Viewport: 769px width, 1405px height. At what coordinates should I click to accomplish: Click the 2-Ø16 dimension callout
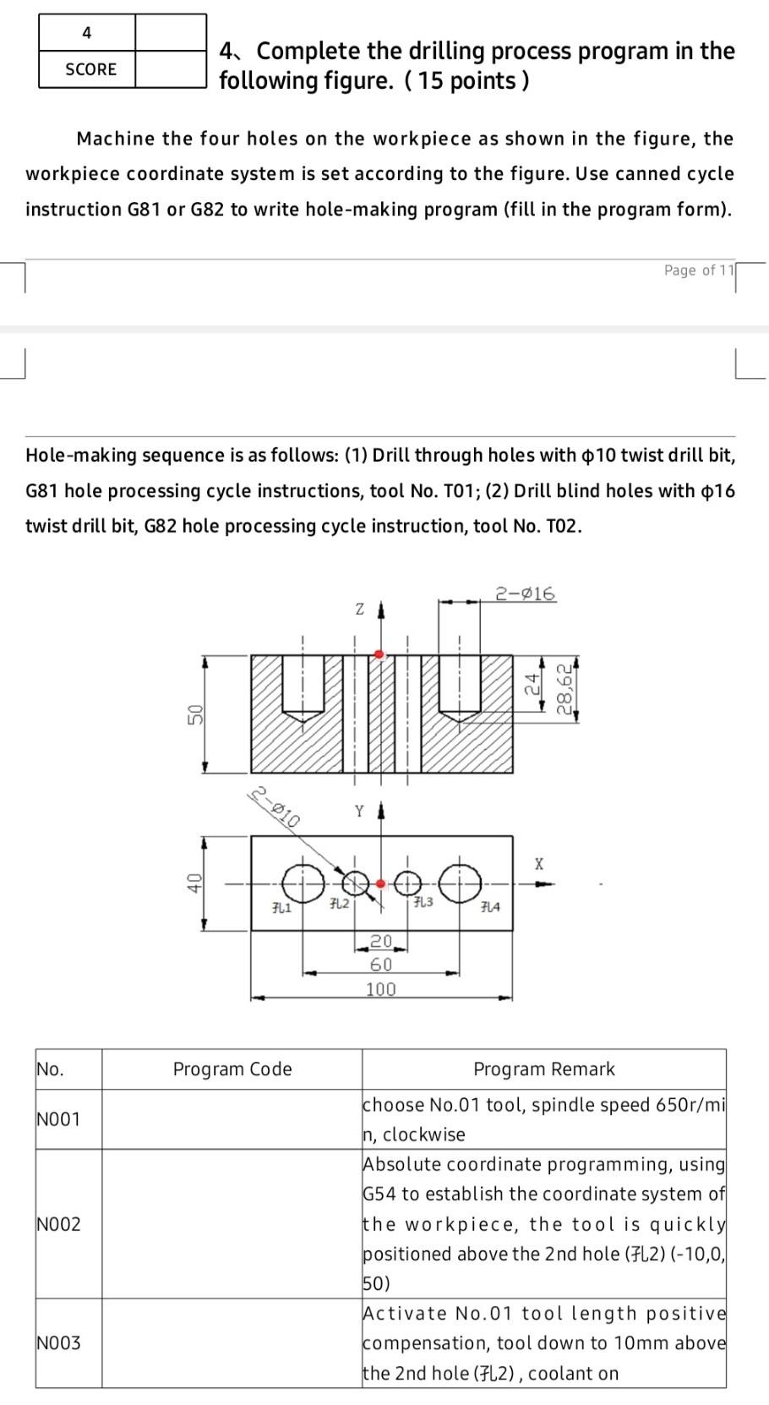tap(525, 593)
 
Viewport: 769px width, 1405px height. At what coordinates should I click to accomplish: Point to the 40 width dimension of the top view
tap(194, 883)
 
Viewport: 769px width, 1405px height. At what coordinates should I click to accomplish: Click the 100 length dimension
tap(380, 989)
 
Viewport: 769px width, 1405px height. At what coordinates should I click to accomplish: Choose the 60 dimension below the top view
tap(381, 965)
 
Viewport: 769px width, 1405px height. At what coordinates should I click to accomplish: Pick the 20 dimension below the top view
tap(381, 941)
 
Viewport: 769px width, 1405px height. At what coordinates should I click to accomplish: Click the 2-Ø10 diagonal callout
tap(275, 806)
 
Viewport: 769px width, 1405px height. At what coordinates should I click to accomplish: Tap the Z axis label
tap(359, 609)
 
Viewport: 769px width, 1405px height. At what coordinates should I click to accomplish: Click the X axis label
tap(539, 864)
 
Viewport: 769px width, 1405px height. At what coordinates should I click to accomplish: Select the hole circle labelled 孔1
tap(303, 883)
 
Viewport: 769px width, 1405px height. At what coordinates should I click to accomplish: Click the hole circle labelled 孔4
tap(460, 883)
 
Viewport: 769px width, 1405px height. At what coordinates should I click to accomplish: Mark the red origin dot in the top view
tap(381, 883)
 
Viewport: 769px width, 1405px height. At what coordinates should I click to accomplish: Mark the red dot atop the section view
tap(379, 654)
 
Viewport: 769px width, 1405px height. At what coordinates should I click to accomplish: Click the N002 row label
tap(59, 1224)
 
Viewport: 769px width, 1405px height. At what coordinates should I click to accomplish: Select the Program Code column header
tap(232, 1069)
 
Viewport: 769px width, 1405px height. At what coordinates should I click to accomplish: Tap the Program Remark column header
tap(544, 1069)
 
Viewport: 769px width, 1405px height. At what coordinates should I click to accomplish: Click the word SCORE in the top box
tap(91, 69)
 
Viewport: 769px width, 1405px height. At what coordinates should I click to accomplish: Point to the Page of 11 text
tap(701, 271)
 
